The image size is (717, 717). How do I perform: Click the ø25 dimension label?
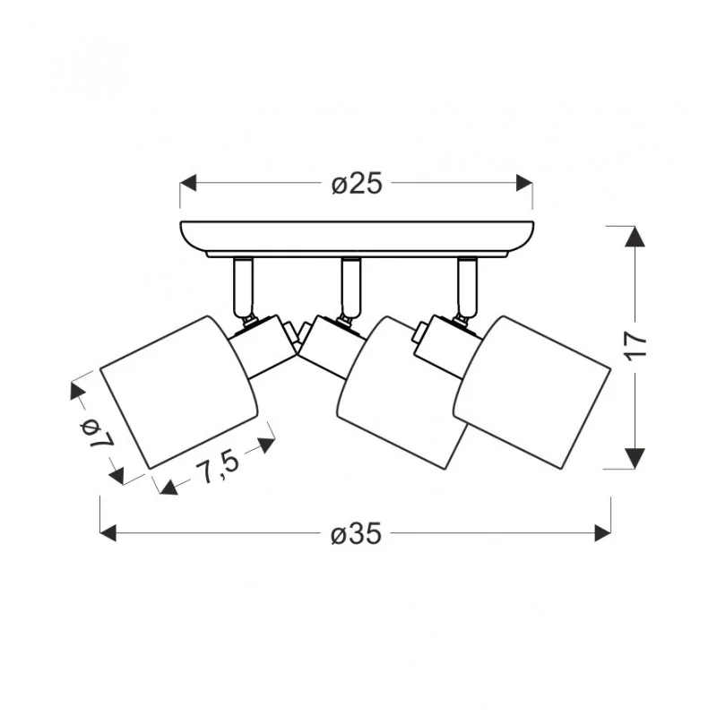pos(357,184)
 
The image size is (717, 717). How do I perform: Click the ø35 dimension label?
pos(356,533)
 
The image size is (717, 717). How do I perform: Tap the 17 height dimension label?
pos(636,346)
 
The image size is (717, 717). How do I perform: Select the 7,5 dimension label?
pos(217,464)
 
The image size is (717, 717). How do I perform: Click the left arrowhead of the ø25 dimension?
pos(188,183)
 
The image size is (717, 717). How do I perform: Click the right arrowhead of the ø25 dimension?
pos(524,183)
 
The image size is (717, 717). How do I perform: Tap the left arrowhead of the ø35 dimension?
pos(108,533)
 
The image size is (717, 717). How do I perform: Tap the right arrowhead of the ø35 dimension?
pos(602,533)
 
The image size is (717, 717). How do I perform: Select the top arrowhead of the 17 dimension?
pos(635,237)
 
